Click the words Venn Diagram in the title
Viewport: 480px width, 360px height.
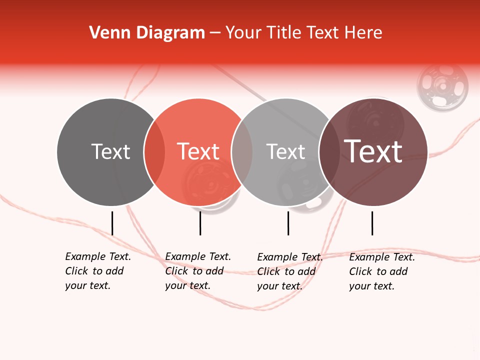click(x=147, y=33)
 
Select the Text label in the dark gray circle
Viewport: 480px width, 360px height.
click(x=110, y=151)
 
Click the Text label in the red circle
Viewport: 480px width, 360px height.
click(x=198, y=151)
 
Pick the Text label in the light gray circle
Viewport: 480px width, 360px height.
click(x=285, y=151)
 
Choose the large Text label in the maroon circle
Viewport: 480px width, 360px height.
click(x=373, y=151)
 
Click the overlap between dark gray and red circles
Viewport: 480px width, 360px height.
click(x=154, y=152)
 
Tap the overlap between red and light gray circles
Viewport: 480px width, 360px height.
click(x=242, y=152)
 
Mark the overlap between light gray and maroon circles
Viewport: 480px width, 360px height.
click(x=329, y=152)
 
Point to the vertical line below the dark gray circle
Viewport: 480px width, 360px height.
click(x=112, y=223)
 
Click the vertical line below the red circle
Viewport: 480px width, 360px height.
click(x=200, y=223)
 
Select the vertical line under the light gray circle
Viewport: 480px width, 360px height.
click(x=288, y=223)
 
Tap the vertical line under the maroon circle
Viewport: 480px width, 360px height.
click(x=372, y=223)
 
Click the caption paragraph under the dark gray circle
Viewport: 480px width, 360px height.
click(x=98, y=271)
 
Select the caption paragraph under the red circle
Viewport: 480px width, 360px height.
click(x=198, y=271)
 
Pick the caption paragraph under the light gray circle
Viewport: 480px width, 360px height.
click(x=290, y=271)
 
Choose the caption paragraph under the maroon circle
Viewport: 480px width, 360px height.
click(x=382, y=271)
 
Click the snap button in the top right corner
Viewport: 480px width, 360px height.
click(x=442, y=86)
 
